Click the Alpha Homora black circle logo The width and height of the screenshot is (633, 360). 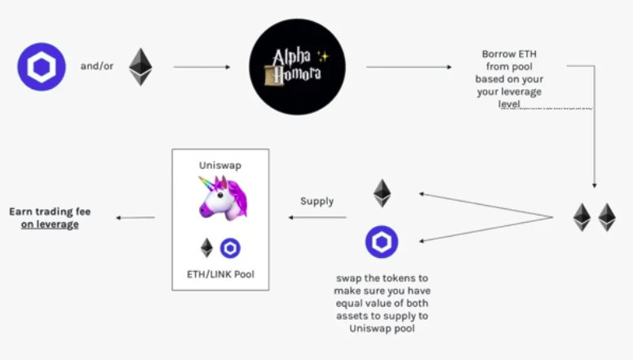pos(298,66)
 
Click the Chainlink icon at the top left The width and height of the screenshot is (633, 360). pos(41,67)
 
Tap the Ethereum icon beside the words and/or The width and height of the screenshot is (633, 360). pos(140,67)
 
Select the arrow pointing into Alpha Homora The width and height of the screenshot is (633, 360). pos(202,67)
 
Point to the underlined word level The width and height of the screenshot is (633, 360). pos(509,104)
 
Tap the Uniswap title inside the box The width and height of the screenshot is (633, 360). pos(219,165)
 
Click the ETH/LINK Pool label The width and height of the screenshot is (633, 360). pos(219,274)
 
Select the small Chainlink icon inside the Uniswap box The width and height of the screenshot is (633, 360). pos(231,248)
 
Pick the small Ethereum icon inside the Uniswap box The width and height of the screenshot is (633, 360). pos(207,248)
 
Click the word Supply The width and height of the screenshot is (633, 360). pos(316,202)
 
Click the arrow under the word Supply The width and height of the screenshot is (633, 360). pos(316,217)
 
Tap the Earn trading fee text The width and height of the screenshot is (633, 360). pos(51,211)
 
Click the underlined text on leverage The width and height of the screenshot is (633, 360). pos(51,224)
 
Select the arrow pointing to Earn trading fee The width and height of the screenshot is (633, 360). pos(135,217)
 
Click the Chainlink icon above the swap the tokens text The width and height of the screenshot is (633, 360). pos(381,242)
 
